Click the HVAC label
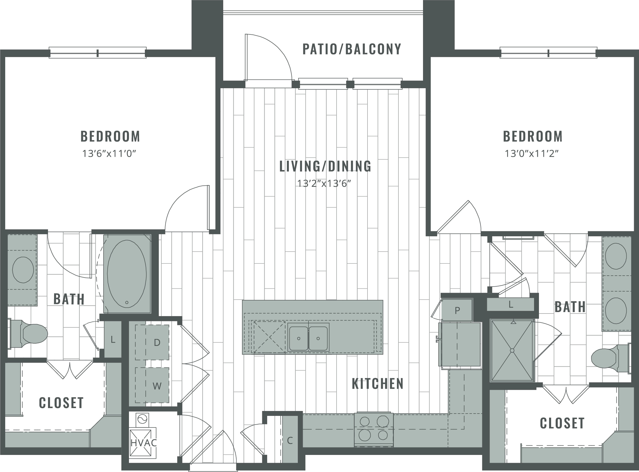click(143, 443)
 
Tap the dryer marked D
click(152, 342)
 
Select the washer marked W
click(152, 385)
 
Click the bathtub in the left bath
click(127, 274)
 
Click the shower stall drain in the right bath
click(512, 351)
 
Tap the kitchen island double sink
click(308, 338)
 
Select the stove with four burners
click(374, 429)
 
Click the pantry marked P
click(457, 310)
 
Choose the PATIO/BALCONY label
click(352, 49)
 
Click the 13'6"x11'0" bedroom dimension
click(109, 153)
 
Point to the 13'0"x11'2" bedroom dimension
click(531, 153)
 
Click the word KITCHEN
click(378, 384)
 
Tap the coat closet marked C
click(290, 440)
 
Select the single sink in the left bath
click(23, 270)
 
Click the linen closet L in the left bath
click(113, 339)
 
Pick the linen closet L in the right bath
click(511, 304)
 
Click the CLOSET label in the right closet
click(562, 423)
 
